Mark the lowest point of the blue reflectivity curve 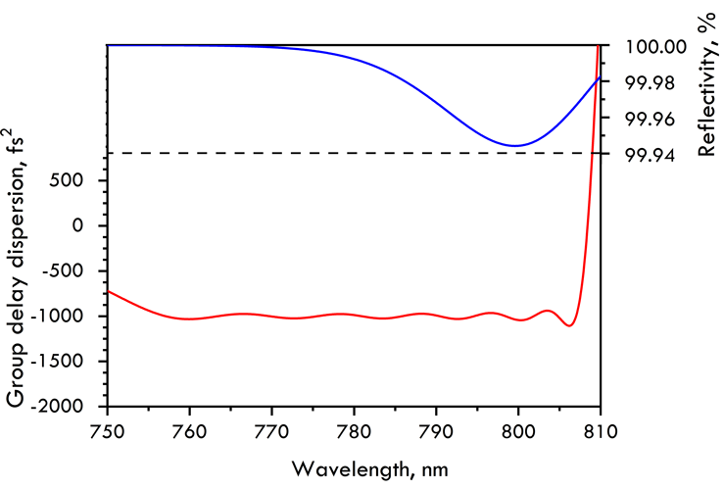pos(515,146)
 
